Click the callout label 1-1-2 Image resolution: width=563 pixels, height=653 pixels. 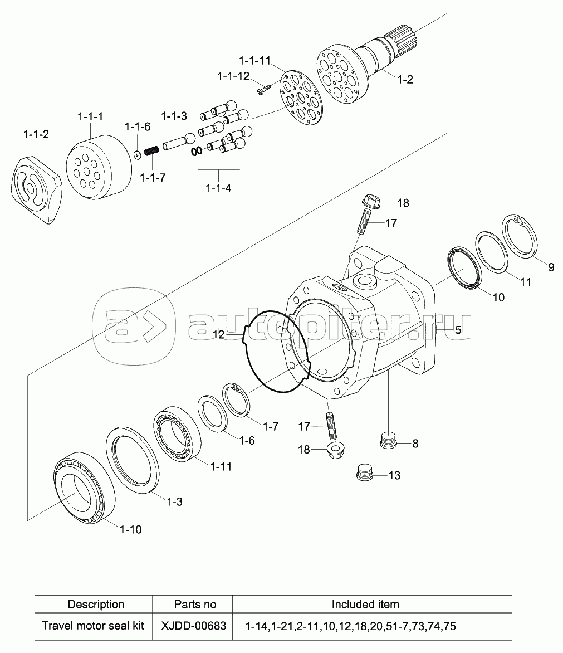(x=36, y=134)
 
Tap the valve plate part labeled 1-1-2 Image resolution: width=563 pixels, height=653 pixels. (x=37, y=189)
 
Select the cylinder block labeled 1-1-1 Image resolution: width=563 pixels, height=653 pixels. (x=99, y=167)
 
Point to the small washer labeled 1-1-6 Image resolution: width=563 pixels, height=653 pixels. (x=137, y=154)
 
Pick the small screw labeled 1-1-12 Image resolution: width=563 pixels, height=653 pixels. (x=264, y=90)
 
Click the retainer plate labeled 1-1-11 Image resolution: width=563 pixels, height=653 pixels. (x=300, y=100)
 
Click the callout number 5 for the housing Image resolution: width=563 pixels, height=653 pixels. (x=458, y=330)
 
